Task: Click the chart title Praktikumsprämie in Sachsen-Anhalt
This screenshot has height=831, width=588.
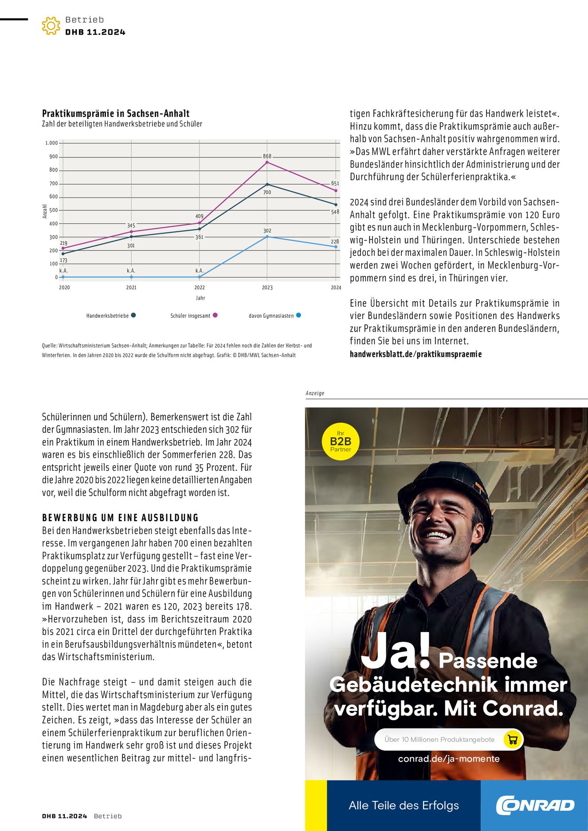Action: (116, 113)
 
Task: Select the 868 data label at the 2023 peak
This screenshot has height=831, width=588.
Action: (267, 156)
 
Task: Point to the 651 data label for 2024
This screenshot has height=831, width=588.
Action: (335, 183)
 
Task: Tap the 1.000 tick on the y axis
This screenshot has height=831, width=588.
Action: (51, 143)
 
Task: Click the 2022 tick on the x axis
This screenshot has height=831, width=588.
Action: (200, 288)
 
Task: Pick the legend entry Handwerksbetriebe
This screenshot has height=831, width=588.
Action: (107, 316)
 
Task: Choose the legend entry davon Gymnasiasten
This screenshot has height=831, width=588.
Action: (271, 316)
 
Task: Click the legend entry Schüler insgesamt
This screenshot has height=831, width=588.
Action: (190, 316)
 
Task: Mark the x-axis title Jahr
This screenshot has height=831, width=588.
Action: (200, 298)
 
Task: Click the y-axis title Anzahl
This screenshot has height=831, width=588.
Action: (45, 211)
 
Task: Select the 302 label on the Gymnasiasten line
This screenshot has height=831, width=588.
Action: (267, 231)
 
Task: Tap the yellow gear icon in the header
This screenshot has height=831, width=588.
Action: (51, 26)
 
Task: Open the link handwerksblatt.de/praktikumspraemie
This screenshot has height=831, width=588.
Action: (416, 354)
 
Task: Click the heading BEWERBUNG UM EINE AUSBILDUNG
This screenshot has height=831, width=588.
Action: (120, 518)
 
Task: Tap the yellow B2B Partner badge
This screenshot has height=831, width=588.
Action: (340, 441)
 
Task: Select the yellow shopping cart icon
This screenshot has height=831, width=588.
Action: (513, 739)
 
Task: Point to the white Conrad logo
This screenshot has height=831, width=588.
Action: (535, 805)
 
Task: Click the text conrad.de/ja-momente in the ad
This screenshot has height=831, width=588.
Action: (449, 759)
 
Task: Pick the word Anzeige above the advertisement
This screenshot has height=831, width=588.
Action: (315, 393)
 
